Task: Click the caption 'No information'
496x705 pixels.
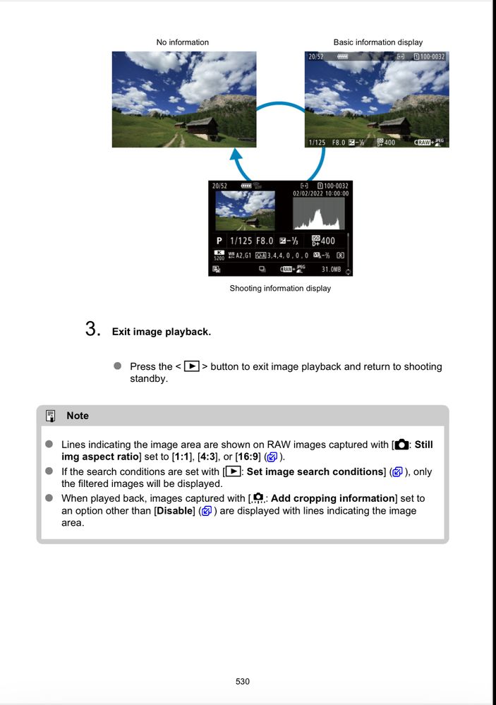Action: tap(182, 42)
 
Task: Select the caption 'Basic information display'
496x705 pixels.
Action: tap(377, 42)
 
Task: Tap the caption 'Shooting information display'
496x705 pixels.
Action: tap(280, 288)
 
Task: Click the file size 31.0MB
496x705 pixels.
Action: tap(332, 269)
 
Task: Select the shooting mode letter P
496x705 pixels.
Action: tap(219, 241)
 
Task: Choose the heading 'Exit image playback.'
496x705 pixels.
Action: tap(161, 332)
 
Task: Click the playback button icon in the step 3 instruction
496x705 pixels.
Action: tap(191, 366)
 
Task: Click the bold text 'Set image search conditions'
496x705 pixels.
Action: tap(315, 471)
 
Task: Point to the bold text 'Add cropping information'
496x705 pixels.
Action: tap(332, 498)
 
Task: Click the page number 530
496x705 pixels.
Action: tap(243, 681)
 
